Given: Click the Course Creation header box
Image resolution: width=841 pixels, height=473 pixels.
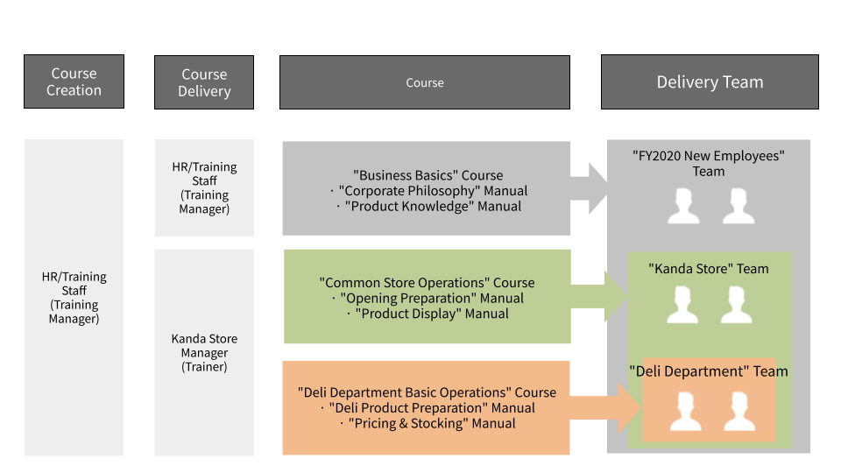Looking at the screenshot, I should [x=74, y=81].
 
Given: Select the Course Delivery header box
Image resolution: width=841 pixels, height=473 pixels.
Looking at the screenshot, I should [x=204, y=82].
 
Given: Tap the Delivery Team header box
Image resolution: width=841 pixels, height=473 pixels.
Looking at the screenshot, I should [x=710, y=82].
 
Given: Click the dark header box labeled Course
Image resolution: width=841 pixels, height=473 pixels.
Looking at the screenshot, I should [x=425, y=82].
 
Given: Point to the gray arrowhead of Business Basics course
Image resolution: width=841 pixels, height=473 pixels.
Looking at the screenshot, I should [x=594, y=187].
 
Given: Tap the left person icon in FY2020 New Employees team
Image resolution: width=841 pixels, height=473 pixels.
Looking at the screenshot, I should [x=683, y=207].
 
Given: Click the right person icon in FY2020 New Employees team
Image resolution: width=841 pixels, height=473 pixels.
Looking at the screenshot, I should [x=739, y=207].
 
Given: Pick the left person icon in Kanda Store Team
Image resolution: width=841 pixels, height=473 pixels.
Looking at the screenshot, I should [x=683, y=305].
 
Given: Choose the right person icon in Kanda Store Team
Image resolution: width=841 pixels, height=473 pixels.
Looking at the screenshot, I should [x=739, y=305].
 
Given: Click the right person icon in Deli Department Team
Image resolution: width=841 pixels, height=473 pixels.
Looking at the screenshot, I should [x=739, y=412].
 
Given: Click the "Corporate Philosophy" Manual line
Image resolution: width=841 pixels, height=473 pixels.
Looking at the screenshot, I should [x=432, y=191].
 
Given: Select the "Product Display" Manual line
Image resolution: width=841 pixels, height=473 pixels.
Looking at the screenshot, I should [x=427, y=314].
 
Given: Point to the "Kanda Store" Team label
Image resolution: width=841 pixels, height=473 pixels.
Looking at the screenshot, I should [x=709, y=269].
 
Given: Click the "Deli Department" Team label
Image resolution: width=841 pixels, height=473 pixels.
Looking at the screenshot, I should [x=709, y=371].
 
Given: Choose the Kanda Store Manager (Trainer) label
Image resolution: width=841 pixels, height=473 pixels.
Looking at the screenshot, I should [x=204, y=352].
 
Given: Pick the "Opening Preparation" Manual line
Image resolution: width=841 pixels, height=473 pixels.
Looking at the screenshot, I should [x=427, y=298].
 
